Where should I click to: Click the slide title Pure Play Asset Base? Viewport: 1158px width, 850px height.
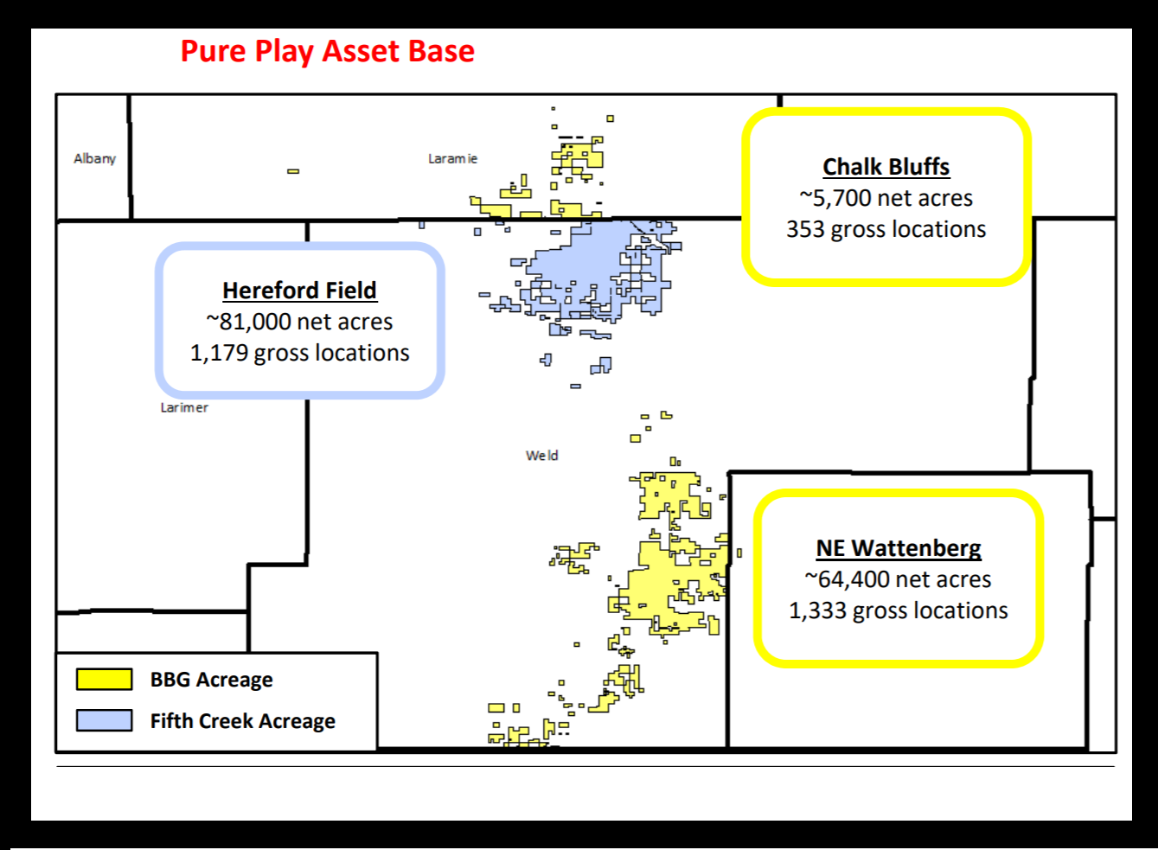coord(327,51)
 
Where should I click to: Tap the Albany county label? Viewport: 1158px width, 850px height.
coord(94,159)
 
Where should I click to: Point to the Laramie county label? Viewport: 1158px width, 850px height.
coord(452,159)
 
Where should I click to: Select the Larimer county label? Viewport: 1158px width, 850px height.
coord(184,407)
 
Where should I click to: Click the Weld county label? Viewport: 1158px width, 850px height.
coord(541,456)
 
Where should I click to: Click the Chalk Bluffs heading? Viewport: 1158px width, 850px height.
coord(886,167)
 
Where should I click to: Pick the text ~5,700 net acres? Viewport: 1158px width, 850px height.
coord(886,198)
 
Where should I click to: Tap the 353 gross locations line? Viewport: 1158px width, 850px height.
coord(886,229)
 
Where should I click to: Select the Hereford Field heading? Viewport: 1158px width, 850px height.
coord(299,291)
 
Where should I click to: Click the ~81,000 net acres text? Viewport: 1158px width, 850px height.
coord(299,322)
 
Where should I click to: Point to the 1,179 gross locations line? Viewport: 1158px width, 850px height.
coord(299,353)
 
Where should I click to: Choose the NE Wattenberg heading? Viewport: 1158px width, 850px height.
coord(899,548)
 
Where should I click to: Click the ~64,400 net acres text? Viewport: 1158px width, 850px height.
coord(899,579)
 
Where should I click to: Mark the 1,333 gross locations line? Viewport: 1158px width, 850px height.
coord(899,610)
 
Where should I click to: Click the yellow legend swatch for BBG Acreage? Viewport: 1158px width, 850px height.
coord(104,679)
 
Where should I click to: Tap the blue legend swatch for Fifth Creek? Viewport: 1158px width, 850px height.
coord(104,720)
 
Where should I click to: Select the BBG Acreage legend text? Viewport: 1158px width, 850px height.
coord(211,680)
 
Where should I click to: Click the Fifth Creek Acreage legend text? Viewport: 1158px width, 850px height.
coord(242,721)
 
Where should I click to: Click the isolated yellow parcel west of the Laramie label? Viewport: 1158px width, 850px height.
coord(293,171)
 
